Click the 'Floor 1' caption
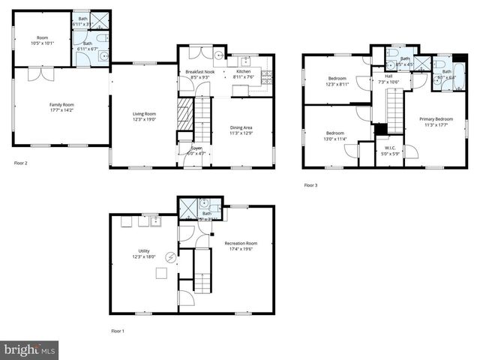point(118,331)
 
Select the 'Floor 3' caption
point(310,185)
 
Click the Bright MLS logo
point(30,349)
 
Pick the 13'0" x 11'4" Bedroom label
point(336,136)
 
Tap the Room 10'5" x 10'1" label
point(42,40)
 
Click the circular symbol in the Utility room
point(170,259)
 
